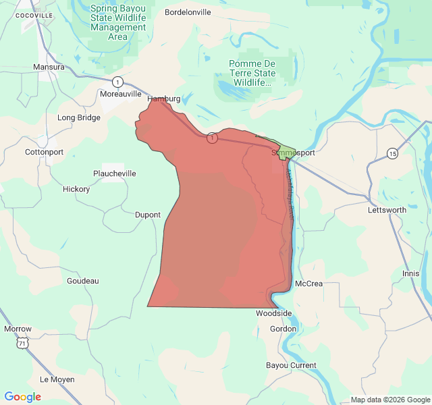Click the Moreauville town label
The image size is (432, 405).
(x=121, y=94)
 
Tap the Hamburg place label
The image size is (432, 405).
(x=164, y=99)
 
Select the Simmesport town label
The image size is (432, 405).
(x=293, y=153)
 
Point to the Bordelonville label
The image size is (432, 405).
(x=188, y=12)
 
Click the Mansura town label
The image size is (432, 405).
(x=49, y=67)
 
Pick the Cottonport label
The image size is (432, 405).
(x=44, y=152)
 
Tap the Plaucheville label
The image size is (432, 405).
(x=114, y=173)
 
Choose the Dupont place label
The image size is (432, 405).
(x=148, y=215)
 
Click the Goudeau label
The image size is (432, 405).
(x=83, y=281)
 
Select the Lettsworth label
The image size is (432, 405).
(x=387, y=210)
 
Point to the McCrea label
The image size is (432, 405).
(x=309, y=283)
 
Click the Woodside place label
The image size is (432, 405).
(x=273, y=313)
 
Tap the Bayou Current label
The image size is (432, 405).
(x=291, y=365)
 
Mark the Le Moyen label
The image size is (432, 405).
(x=57, y=379)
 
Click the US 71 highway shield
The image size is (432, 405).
(x=24, y=344)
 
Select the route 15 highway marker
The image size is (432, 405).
(x=393, y=153)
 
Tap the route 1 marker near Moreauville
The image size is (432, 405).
(x=118, y=82)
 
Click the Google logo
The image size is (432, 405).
(x=23, y=397)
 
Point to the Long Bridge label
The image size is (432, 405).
(x=79, y=117)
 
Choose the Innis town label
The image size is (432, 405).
(x=411, y=273)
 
